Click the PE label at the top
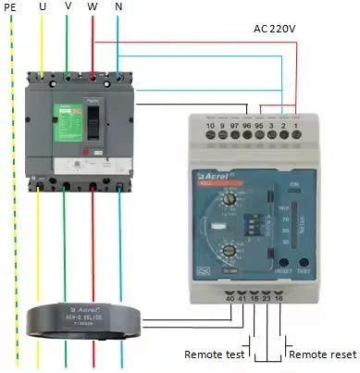[x=11, y=6]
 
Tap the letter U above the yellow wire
[x=43, y=6]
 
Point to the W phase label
[x=93, y=6]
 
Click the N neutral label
[x=118, y=6]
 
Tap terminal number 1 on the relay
[x=295, y=125]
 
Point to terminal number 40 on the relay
[x=230, y=297]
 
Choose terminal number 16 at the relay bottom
[x=279, y=297]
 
